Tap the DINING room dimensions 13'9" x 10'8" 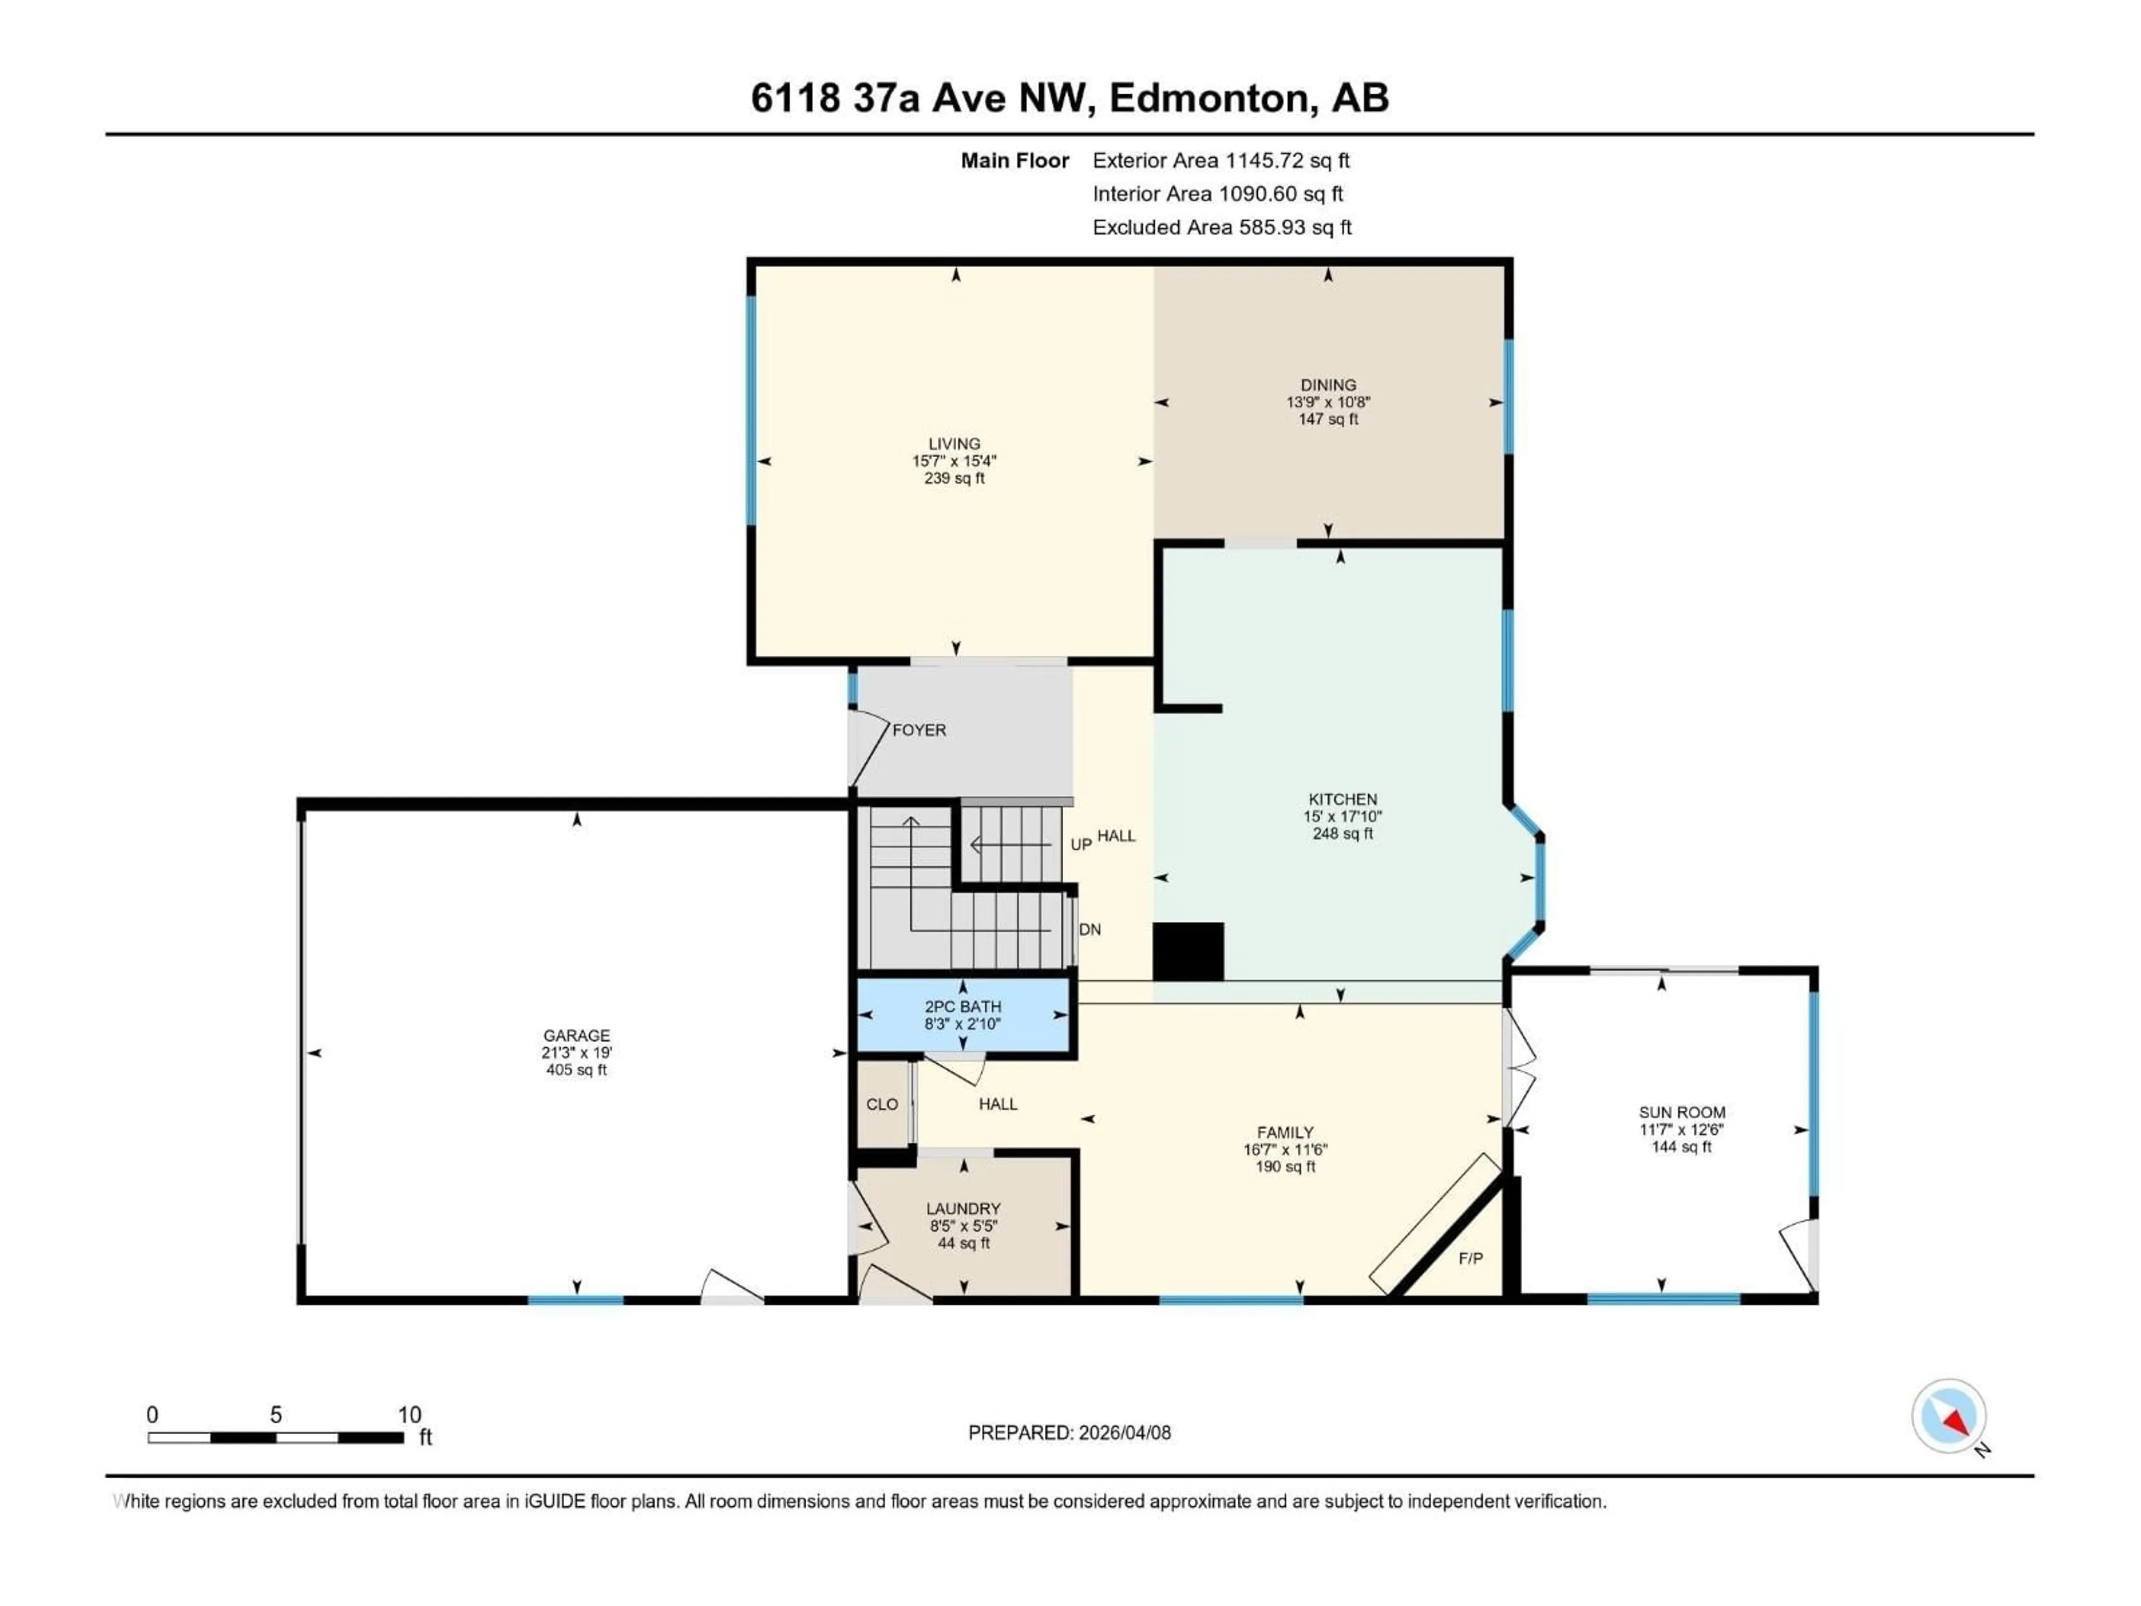coord(1328,401)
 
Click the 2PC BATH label coord(962,1007)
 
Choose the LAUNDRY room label coord(962,1209)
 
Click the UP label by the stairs coord(1080,844)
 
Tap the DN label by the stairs coord(1090,930)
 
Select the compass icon coord(1949,1416)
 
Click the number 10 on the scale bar coord(409,1414)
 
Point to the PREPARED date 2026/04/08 coord(1069,1433)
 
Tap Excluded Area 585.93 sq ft coord(1222,228)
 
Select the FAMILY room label coord(1285,1133)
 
